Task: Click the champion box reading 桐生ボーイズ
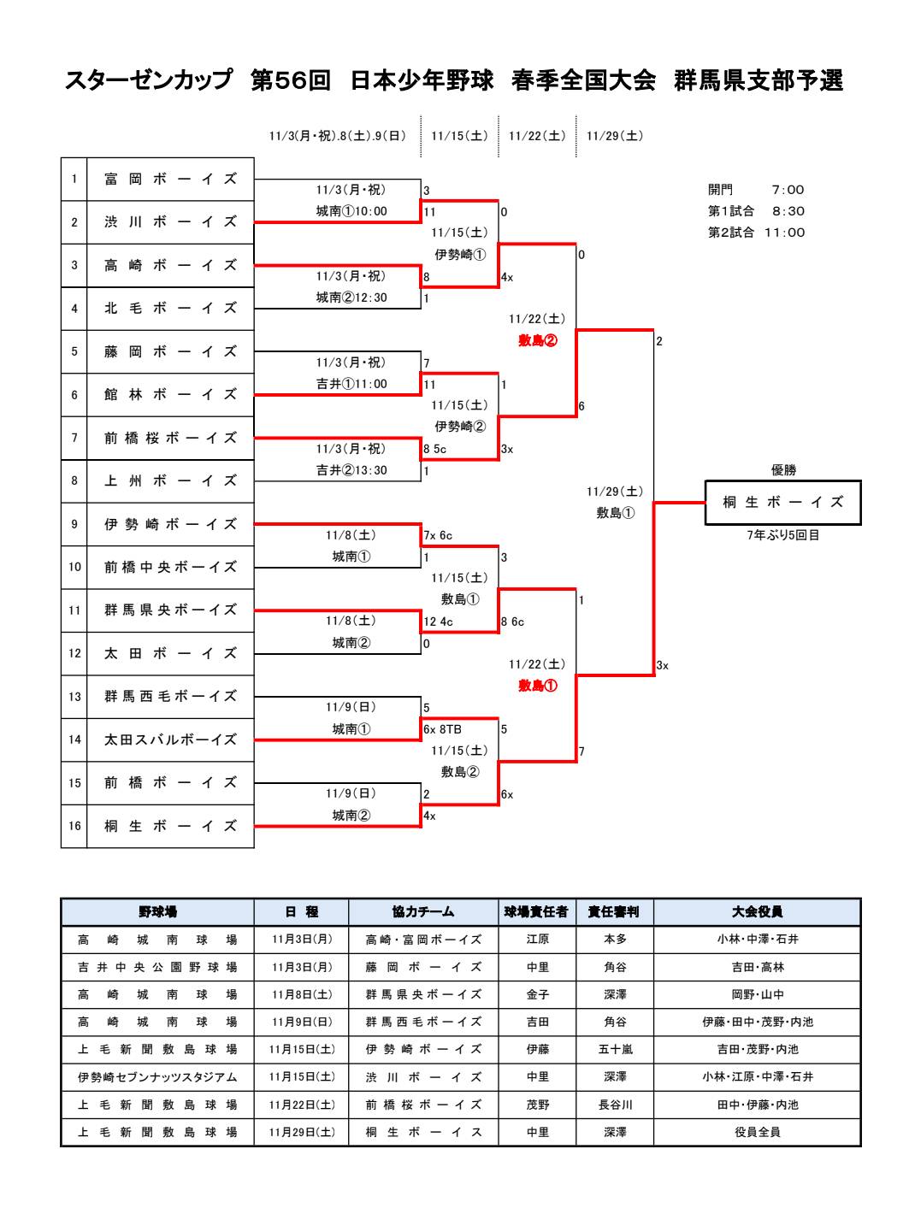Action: coord(782,503)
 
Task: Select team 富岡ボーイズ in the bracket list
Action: coord(170,180)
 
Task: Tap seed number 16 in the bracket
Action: coord(74,826)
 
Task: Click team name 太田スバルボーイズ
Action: coord(170,740)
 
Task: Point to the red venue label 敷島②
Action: coord(538,340)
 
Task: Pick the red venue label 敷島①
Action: coord(538,686)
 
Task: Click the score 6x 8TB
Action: coord(443,729)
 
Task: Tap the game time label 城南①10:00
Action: coord(351,211)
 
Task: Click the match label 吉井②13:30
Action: coord(351,470)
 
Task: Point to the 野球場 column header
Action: coord(157,912)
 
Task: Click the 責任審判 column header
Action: coord(614,912)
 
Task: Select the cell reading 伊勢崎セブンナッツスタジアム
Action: coord(157,1077)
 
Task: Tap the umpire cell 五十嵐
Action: coord(614,1050)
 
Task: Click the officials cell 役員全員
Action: coord(757,1132)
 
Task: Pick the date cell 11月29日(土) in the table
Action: coord(302,1132)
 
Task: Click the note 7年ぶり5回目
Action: coord(782,536)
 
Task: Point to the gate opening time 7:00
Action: coord(788,190)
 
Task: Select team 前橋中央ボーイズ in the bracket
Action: coord(170,567)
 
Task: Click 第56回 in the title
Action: coord(291,80)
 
